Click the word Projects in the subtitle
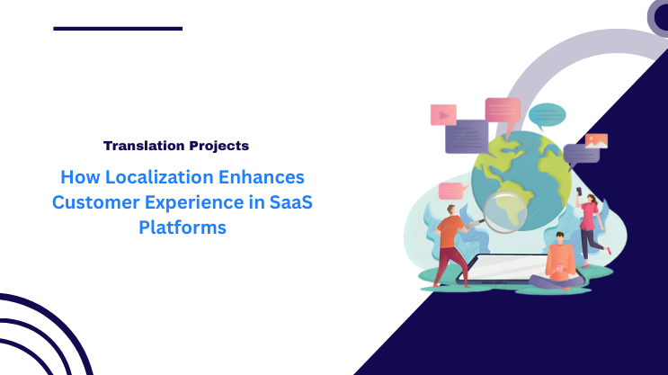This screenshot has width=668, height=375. (x=217, y=145)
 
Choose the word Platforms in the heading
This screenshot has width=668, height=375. (x=182, y=228)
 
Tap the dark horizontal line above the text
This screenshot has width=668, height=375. (x=118, y=29)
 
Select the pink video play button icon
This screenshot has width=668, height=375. (x=443, y=114)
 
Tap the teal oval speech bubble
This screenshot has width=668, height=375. (x=547, y=114)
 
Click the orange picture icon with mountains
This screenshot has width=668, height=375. (x=596, y=141)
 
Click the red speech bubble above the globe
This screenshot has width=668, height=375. (x=503, y=110)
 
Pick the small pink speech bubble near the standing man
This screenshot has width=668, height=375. (x=450, y=191)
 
